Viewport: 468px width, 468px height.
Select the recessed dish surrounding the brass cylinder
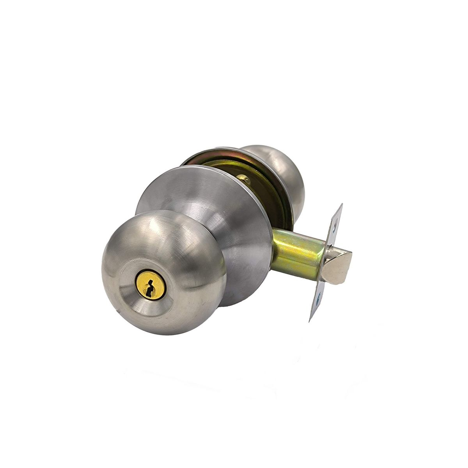[x=135, y=291]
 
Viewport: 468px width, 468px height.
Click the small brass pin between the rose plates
[x=246, y=179]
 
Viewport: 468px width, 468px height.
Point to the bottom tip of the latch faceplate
[x=310, y=321]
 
